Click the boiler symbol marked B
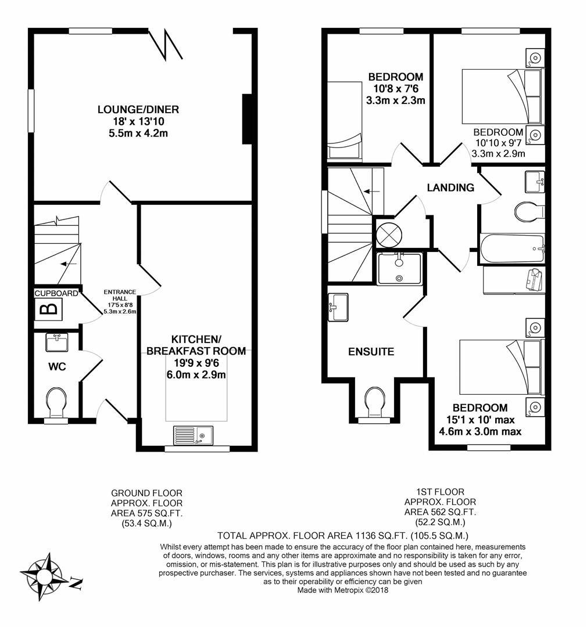[49, 309]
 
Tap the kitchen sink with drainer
[194, 435]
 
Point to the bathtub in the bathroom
[512, 248]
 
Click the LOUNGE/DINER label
[138, 109]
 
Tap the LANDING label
[450, 188]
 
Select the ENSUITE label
[371, 351]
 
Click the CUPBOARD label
[56, 294]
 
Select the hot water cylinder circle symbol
[388, 233]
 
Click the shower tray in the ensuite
[399, 268]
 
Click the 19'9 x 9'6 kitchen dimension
[196, 363]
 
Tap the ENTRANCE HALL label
[120, 295]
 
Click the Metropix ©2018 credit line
[342, 590]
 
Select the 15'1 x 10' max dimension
[481, 420]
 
